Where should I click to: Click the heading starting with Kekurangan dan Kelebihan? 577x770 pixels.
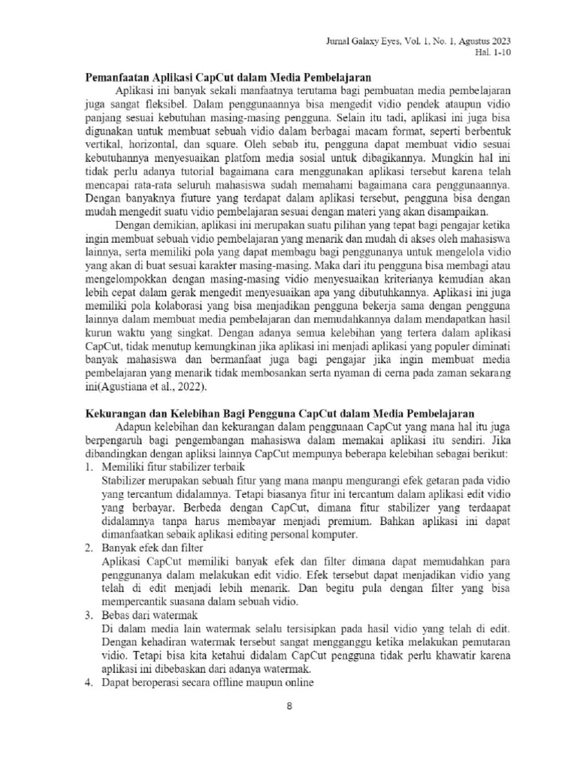point(277,413)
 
